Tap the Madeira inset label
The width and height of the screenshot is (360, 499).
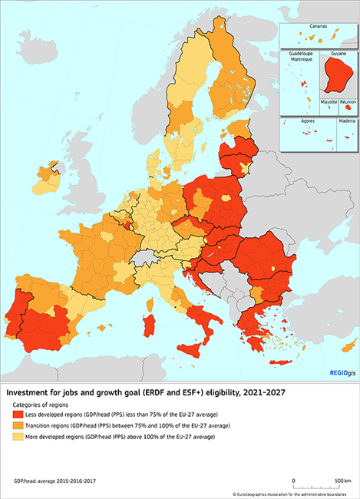click(347, 122)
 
